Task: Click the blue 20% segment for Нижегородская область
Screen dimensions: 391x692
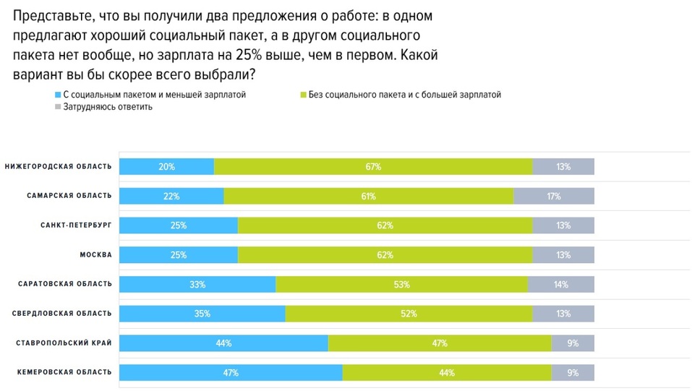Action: (x=166, y=167)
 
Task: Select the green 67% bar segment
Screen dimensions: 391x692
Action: (x=373, y=167)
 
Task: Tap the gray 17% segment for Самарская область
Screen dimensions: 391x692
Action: (x=553, y=196)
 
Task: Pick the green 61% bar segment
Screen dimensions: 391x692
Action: (x=368, y=196)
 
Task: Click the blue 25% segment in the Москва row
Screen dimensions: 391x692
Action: (x=178, y=255)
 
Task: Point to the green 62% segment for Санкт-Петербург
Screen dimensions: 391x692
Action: (x=385, y=225)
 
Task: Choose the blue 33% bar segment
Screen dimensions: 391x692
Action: (x=197, y=285)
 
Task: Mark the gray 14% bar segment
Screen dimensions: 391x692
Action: (x=560, y=285)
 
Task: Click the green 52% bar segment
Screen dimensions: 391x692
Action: (x=409, y=314)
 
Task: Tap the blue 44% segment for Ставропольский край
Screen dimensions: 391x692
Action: (x=223, y=343)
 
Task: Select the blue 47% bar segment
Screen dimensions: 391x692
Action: (x=230, y=373)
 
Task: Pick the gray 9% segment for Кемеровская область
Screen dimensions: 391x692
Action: (x=573, y=373)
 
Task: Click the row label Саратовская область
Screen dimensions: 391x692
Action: (x=65, y=284)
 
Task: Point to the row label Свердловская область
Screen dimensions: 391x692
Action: (x=62, y=314)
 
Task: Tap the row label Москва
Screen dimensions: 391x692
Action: (x=95, y=255)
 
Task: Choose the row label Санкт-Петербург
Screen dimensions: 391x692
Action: (x=77, y=225)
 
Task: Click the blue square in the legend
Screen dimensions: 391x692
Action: (x=58, y=95)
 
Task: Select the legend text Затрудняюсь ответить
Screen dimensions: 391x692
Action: (x=108, y=106)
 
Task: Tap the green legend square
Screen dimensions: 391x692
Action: (x=302, y=95)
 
